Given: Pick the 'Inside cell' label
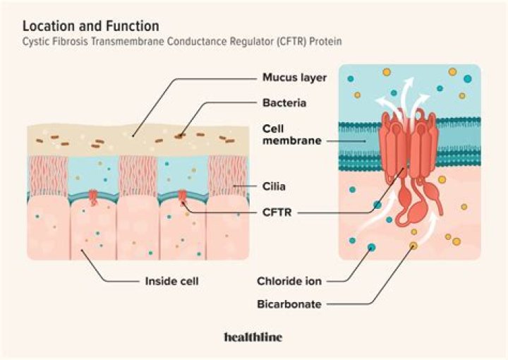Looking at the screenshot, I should coord(171,281).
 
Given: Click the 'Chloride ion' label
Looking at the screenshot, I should coord(289,281).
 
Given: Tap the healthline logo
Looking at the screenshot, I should coord(253,337).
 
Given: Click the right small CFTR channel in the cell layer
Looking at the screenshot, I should coord(183,195).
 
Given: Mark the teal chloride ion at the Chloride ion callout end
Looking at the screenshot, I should coord(371,248).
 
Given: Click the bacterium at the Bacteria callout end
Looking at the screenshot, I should coord(183,131).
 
